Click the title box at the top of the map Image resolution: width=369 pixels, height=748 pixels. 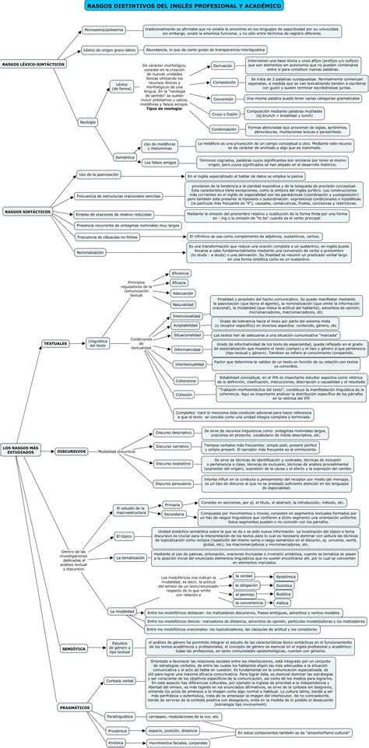pyautogui.click(x=184, y=7)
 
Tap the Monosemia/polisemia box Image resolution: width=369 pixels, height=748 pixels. pyautogui.click(x=104, y=30)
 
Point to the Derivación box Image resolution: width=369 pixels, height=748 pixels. pyautogui.click(x=223, y=66)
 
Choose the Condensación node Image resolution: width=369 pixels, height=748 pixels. pyautogui.click(x=224, y=129)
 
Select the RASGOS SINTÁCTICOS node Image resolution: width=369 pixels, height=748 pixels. pyautogui.click(x=27, y=211)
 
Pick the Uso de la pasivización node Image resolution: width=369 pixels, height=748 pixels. pyautogui.click(x=99, y=175)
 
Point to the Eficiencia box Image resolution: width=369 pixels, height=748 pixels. pyautogui.click(x=180, y=273)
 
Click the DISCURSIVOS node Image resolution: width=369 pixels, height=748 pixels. pyautogui.click(x=72, y=451)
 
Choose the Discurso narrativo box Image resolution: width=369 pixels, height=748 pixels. pyautogui.click(x=172, y=446)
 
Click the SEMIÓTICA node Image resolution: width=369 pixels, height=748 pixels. pyautogui.click(x=74, y=648)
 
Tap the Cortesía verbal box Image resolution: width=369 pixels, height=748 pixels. pyautogui.click(x=119, y=680)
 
